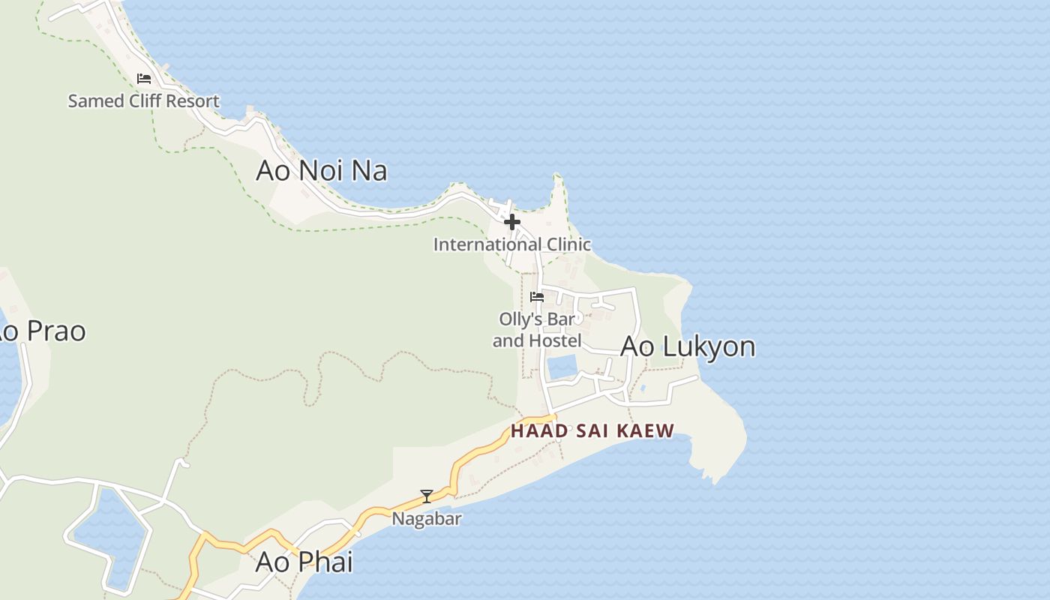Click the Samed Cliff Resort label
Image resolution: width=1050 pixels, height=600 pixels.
pyautogui.click(x=143, y=100)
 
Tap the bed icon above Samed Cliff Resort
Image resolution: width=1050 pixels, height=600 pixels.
pyautogui.click(x=143, y=79)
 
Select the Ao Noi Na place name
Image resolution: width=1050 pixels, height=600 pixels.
pyautogui.click(x=321, y=170)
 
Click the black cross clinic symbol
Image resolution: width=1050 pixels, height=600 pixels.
pyautogui.click(x=512, y=222)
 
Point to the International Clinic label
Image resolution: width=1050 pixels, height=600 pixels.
pyautogui.click(x=511, y=244)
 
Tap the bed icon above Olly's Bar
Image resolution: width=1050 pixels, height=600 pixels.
pyautogui.click(x=537, y=297)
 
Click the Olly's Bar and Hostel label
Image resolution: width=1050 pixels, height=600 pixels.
pyautogui.click(x=537, y=330)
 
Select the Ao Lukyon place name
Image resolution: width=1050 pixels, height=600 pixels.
pyautogui.click(x=688, y=346)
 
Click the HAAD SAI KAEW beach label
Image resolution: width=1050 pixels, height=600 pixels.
pyautogui.click(x=592, y=430)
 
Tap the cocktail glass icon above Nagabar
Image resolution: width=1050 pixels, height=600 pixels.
pyautogui.click(x=427, y=496)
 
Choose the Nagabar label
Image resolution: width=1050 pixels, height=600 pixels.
pyautogui.click(x=427, y=518)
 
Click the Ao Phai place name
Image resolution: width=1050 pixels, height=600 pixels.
pyautogui.click(x=304, y=562)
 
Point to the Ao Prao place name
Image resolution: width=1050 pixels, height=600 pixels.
pyautogui.click(x=41, y=331)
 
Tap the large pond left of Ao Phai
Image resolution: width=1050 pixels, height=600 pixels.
pyautogui.click(x=112, y=536)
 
